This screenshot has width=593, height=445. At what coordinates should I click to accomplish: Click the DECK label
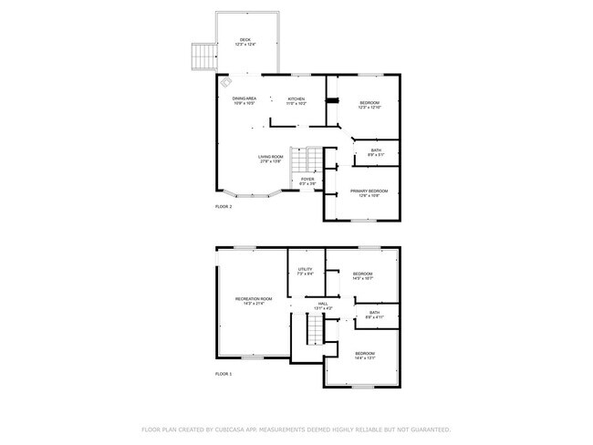point(244,41)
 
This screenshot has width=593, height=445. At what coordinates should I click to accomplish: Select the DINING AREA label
point(244,100)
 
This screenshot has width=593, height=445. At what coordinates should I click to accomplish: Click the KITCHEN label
point(296,100)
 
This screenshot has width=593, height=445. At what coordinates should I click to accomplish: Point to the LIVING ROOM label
point(270,159)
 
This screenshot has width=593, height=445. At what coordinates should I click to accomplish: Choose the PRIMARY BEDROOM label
point(369,191)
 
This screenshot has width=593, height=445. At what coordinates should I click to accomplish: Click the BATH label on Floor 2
point(376,151)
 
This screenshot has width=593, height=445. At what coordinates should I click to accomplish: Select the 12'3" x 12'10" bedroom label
point(369,105)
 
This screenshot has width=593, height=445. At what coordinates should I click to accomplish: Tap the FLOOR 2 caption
point(224,208)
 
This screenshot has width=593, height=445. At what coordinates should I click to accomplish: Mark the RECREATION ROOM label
point(254,301)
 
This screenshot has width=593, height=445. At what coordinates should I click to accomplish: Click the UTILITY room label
point(306,271)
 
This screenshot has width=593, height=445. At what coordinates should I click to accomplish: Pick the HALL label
point(323,305)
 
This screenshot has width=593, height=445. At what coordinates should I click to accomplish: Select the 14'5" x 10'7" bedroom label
point(363,275)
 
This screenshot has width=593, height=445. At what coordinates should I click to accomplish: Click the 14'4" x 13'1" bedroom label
point(365,355)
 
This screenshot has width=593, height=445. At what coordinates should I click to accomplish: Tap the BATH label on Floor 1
point(375,315)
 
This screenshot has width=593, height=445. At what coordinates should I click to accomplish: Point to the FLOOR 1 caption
point(224,374)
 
